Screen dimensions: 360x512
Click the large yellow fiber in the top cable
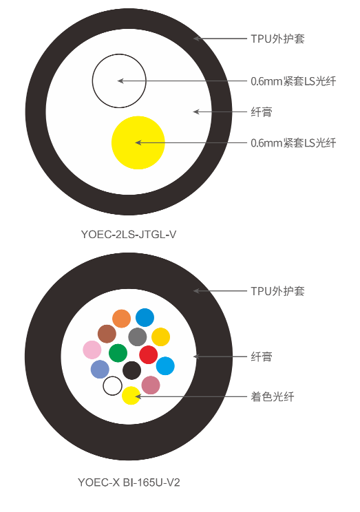pos(138,142)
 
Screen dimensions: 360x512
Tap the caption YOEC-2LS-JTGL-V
pos(129,235)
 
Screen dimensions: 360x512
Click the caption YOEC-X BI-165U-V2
pos(129,482)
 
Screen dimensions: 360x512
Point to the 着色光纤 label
pos(273,397)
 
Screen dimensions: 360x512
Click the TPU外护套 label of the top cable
pos(277,39)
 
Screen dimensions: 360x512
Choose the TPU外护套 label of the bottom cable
pos(277,291)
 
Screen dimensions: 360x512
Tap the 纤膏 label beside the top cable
pos(262,112)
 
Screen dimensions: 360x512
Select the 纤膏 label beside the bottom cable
pos(262,356)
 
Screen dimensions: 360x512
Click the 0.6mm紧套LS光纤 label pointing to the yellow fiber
pos(293,143)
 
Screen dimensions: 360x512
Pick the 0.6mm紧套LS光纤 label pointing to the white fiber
pos(293,81)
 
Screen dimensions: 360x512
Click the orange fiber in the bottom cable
pos(122,319)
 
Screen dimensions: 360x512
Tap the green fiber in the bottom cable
pos(118,353)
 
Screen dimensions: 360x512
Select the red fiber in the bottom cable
pos(149,355)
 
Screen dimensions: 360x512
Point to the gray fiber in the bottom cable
pos(138,337)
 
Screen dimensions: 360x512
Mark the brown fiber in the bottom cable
pos(107,334)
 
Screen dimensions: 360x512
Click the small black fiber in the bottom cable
pos(132,371)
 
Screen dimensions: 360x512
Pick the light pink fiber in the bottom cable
pos(92,350)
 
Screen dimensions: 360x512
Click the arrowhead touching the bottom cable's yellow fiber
pos(138,396)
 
